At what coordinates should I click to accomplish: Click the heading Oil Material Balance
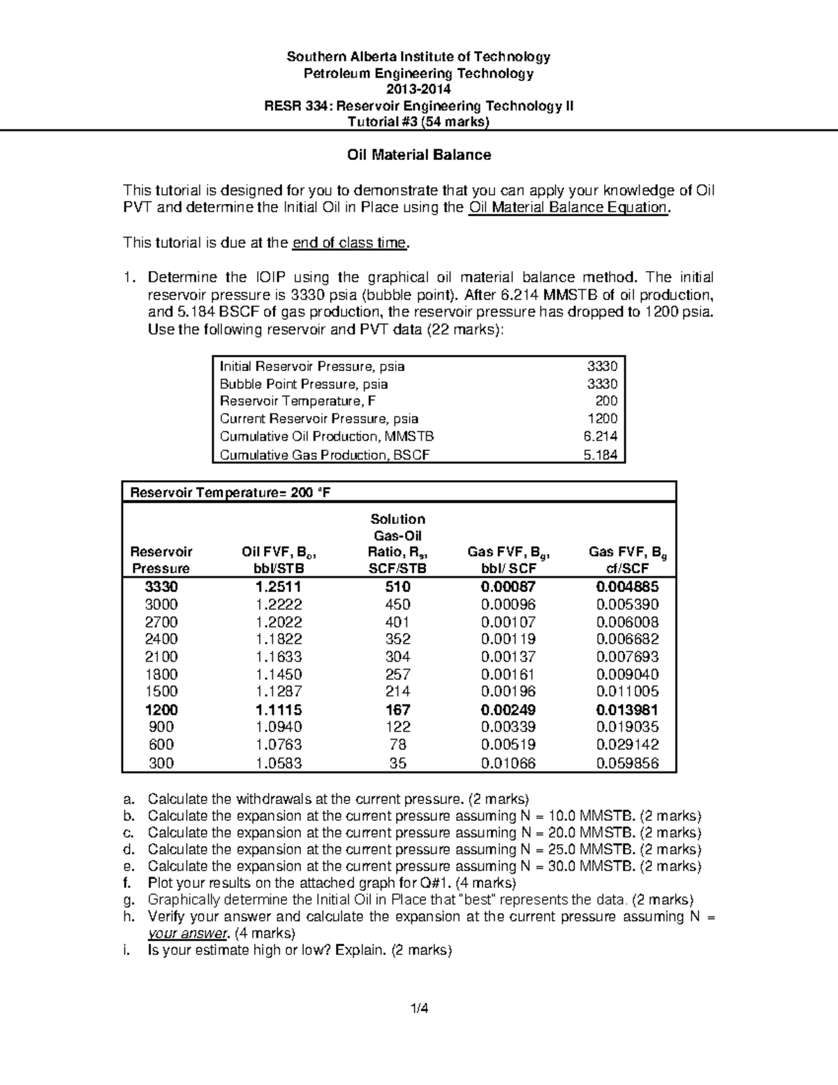tap(419, 155)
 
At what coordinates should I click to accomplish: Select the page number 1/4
tap(419, 1008)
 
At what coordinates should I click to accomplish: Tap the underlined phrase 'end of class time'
tap(349, 243)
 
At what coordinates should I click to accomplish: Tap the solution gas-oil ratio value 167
tap(397, 710)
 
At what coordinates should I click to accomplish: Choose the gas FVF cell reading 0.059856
tap(627, 763)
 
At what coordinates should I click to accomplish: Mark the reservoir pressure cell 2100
tap(161, 657)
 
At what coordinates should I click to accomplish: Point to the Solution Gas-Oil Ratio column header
tap(397, 544)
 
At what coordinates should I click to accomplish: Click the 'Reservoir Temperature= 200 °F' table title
tap(230, 493)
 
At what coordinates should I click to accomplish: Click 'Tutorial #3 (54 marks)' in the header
tap(419, 122)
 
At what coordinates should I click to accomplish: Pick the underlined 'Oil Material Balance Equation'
tap(568, 208)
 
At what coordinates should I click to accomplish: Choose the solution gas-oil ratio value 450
tap(397, 604)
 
